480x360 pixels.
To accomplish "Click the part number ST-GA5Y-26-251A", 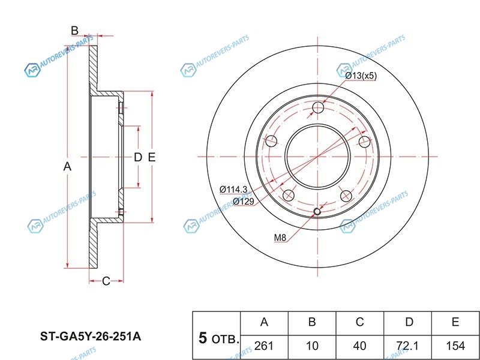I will (x=90, y=337).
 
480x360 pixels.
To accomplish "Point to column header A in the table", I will (x=264, y=322).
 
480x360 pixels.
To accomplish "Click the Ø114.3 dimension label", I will (x=233, y=190).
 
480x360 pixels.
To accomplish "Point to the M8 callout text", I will (x=280, y=238).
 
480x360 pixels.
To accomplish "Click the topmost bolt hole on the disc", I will (x=319, y=109).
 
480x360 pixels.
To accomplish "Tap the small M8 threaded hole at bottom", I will (x=319, y=211).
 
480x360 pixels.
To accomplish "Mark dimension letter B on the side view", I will (x=74, y=31).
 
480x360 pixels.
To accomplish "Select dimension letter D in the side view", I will (x=137, y=158).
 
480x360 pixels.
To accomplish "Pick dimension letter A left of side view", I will (x=68, y=166).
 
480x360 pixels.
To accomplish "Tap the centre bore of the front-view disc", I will (x=319, y=157).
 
